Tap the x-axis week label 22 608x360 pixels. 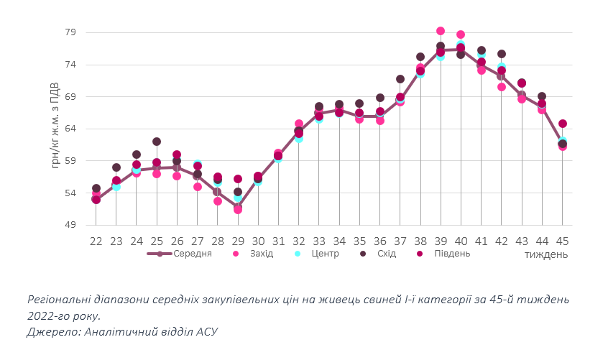(x=96, y=241)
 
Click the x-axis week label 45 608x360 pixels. (x=563, y=241)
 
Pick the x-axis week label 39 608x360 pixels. (x=441, y=241)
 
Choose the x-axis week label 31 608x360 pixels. (x=278, y=241)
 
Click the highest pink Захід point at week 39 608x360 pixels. (x=441, y=31)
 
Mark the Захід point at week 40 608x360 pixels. (x=461, y=34)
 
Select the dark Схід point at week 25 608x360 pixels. (x=157, y=142)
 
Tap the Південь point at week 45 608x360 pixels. (x=563, y=124)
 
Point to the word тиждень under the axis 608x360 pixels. (x=545, y=255)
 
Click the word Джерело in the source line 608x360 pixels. (x=52, y=331)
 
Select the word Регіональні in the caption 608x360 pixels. (x=58, y=299)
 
